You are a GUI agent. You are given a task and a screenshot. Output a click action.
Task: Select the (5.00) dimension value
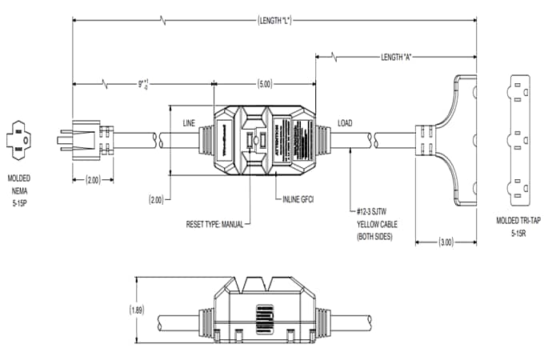(264, 82)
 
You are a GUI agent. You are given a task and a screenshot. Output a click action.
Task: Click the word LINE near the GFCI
(190, 123)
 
